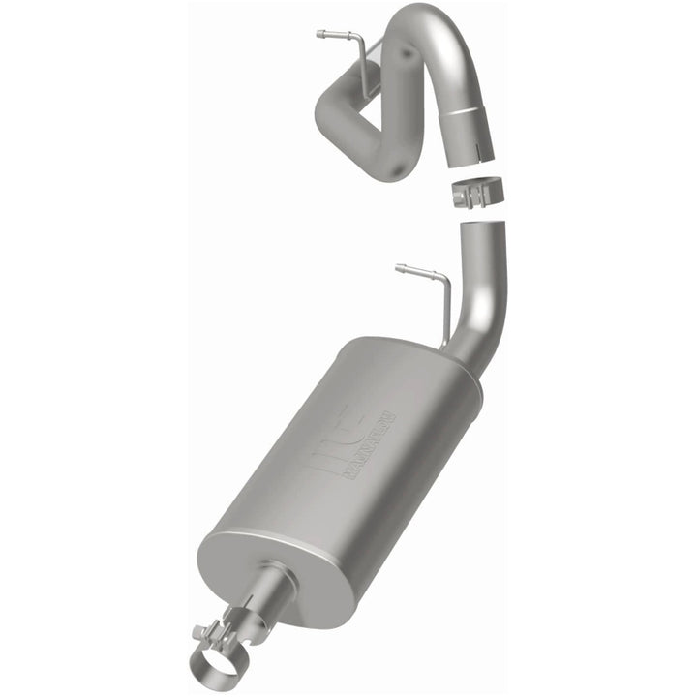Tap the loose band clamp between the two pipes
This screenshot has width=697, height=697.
point(475,194)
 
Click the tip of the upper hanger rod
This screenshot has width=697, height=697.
point(320,34)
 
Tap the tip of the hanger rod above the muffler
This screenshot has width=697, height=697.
point(400,266)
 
